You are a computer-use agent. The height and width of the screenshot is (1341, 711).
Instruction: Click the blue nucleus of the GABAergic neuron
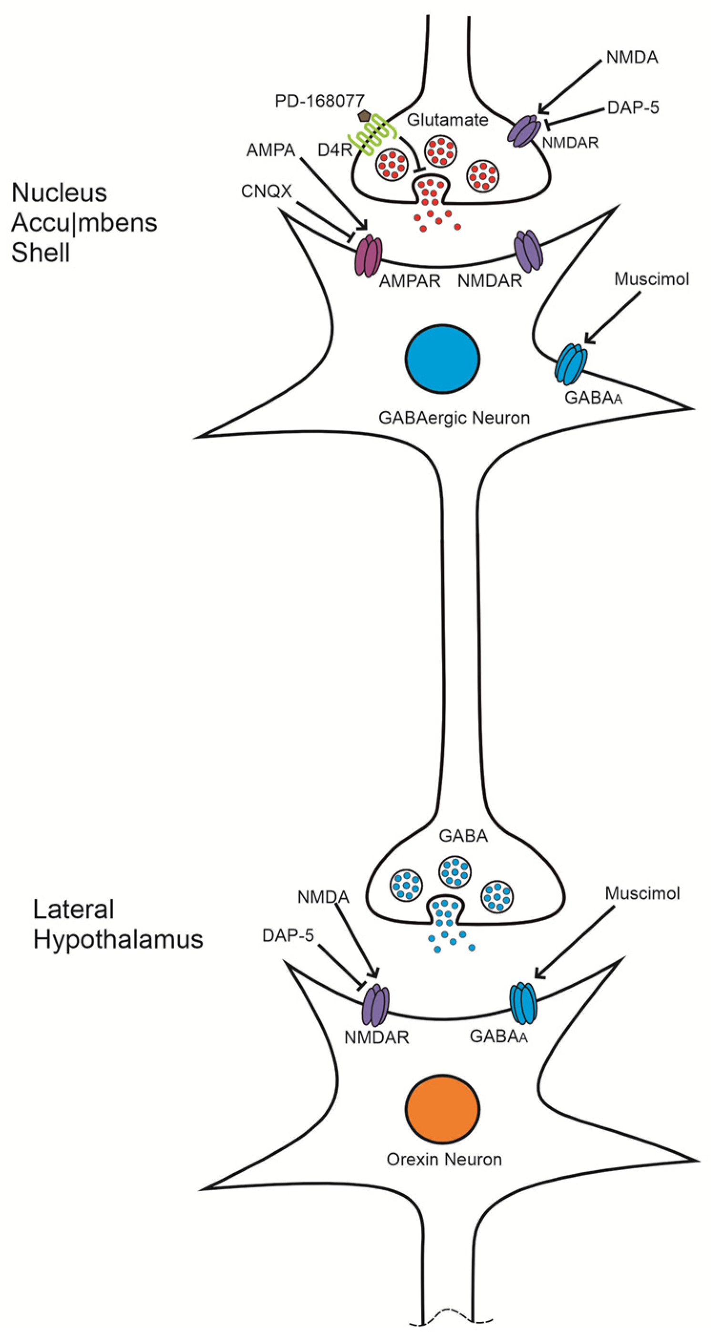point(442,359)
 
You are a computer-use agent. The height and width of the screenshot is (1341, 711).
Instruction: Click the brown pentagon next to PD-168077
point(364,115)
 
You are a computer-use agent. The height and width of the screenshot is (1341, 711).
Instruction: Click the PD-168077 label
point(319,101)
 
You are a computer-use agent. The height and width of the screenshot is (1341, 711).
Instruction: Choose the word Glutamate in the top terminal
point(447,120)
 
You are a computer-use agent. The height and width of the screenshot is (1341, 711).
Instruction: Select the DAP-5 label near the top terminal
point(632,108)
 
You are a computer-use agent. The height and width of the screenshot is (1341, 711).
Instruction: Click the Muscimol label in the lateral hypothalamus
point(642,894)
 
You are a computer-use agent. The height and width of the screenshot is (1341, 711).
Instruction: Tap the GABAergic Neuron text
point(453,417)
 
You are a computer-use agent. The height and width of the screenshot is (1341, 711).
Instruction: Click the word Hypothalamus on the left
point(118,940)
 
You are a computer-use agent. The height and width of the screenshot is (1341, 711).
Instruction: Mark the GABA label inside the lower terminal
point(463,836)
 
